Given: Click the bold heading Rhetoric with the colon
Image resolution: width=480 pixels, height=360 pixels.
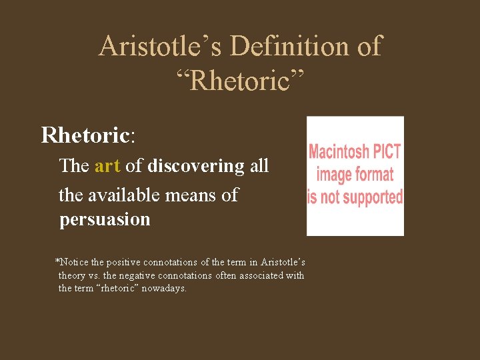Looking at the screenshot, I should pyautogui.click(x=88, y=135).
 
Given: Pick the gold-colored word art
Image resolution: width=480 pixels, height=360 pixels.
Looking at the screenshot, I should pyautogui.click(x=107, y=166).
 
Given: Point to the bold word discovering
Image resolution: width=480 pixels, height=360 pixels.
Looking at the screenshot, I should pyautogui.click(x=196, y=166).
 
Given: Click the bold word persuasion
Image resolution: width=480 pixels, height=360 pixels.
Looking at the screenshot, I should pyautogui.click(x=105, y=219).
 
